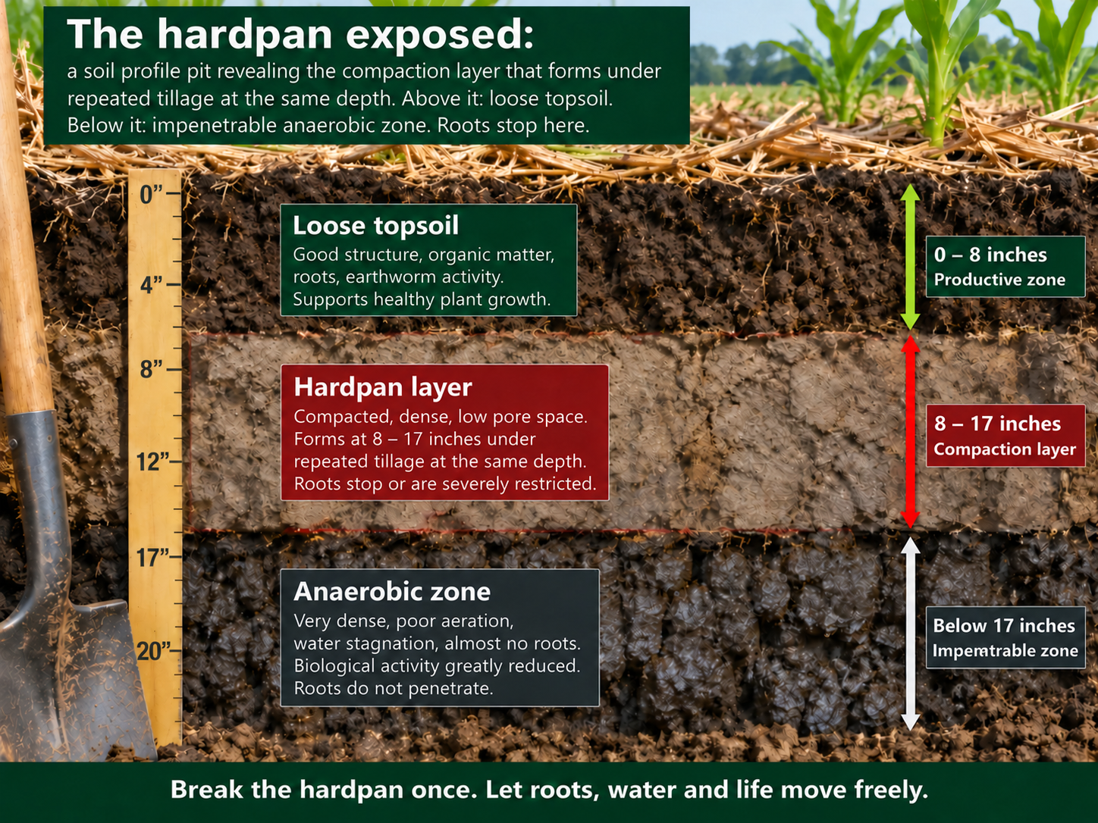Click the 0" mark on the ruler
[152, 194]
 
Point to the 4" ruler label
[152, 285]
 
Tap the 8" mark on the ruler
[152, 369]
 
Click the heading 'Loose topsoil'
[375, 225]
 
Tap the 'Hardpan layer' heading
[383, 386]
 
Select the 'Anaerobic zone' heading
[392, 592]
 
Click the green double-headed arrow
[911, 257]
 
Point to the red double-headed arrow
[911, 432]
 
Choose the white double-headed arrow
[911, 634]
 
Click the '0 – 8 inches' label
[990, 255]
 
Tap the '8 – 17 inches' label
[997, 424]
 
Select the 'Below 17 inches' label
[1003, 626]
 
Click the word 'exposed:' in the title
[441, 35]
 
